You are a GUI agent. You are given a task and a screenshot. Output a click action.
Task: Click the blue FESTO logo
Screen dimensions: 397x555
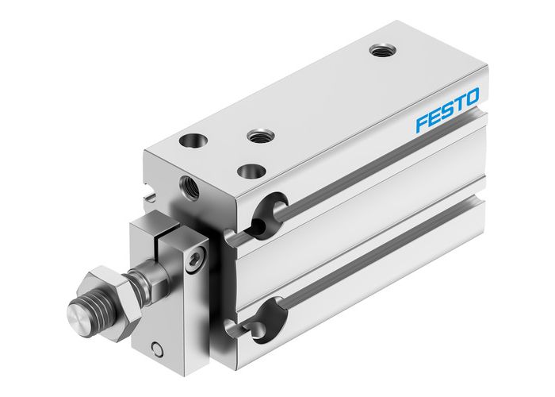[x=448, y=111]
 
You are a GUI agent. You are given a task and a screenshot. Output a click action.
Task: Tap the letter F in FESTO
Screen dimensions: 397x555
[x=423, y=125]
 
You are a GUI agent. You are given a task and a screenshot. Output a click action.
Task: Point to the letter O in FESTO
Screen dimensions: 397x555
[x=472, y=98]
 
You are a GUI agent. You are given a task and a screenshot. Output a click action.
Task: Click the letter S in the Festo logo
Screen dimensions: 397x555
[x=448, y=111]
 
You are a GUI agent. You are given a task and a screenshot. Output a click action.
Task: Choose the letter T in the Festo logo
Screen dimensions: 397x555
[x=459, y=105]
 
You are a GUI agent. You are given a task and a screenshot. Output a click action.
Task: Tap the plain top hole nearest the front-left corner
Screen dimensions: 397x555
[x=192, y=142]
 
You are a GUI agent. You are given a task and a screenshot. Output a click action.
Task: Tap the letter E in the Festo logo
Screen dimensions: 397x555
[x=435, y=118]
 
